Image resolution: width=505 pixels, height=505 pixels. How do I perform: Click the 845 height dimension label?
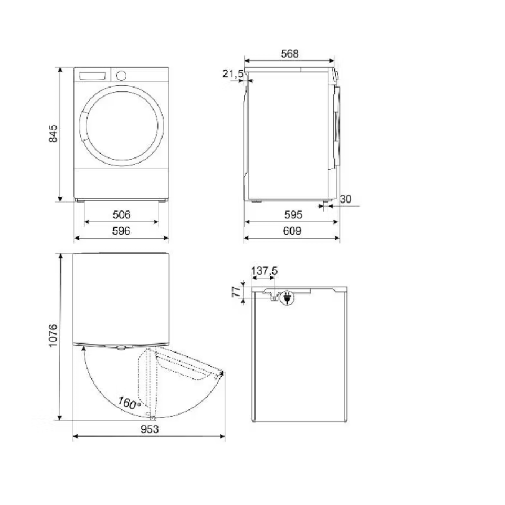point(53,133)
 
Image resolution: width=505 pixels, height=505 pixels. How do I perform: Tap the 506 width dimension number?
point(121,215)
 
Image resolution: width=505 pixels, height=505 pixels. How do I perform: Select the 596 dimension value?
point(121,231)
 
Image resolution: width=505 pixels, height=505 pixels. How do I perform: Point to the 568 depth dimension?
point(289,54)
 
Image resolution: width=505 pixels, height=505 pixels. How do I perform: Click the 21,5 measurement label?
point(233,74)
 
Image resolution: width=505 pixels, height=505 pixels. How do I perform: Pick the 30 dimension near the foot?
point(345,199)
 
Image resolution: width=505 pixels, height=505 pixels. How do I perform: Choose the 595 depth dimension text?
point(293,215)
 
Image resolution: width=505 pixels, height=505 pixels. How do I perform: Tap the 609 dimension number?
point(292,231)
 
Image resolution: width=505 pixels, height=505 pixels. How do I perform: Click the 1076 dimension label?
point(53,335)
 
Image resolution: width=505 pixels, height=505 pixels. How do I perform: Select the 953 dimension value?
point(150,429)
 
